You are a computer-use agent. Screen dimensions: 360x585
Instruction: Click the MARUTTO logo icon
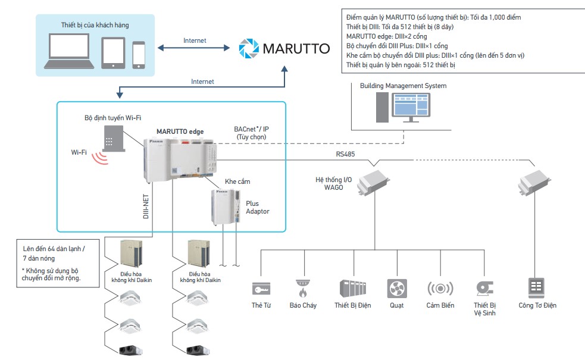click(x=248, y=48)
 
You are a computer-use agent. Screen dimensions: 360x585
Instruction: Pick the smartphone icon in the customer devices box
click(x=139, y=54)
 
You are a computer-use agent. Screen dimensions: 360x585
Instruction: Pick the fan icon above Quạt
click(x=396, y=289)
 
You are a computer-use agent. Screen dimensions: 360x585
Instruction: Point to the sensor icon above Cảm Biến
click(x=440, y=289)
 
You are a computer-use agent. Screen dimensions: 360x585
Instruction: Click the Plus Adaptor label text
click(x=257, y=207)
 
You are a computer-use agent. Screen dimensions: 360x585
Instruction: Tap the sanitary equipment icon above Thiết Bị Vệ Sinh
click(x=484, y=289)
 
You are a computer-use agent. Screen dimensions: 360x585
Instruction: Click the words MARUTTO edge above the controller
click(x=180, y=131)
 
